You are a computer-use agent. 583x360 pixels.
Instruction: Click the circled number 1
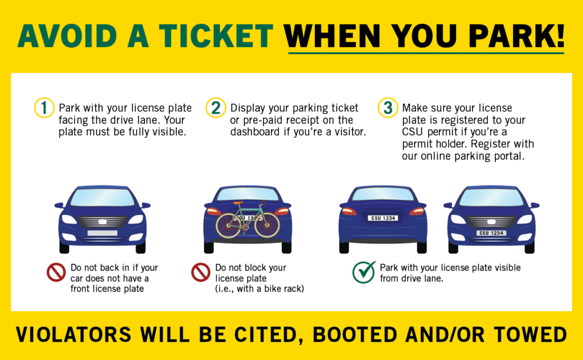(44, 108)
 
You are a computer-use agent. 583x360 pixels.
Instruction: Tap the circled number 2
(216, 108)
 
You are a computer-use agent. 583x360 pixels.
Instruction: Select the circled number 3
(388, 108)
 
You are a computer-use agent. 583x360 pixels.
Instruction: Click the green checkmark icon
(364, 272)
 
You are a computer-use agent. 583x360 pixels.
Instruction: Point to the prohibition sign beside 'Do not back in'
(56, 272)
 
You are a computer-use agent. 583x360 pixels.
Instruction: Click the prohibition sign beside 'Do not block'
(201, 272)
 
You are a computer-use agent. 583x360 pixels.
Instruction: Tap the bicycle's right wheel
(268, 225)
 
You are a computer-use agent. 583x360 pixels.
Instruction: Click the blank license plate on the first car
(102, 233)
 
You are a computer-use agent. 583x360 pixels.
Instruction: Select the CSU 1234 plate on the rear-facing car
(383, 218)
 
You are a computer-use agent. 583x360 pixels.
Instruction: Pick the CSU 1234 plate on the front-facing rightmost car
(491, 233)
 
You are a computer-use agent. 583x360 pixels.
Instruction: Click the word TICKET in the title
(216, 36)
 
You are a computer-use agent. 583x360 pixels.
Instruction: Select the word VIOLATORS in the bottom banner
(73, 334)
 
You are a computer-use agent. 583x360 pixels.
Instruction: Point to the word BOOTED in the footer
(355, 334)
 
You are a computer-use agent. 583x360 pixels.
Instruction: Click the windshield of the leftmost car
(102, 197)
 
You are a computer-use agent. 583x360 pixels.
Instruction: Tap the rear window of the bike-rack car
(248, 194)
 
